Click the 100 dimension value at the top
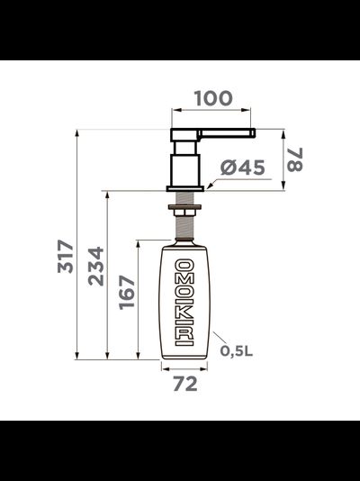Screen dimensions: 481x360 [x=212, y=98]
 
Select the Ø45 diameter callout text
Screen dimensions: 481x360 [x=240, y=168]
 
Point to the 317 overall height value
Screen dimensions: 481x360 [x=64, y=259]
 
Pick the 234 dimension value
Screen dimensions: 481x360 [x=95, y=267]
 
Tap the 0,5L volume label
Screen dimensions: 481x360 [x=237, y=351]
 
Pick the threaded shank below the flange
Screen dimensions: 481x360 [x=185, y=200]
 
